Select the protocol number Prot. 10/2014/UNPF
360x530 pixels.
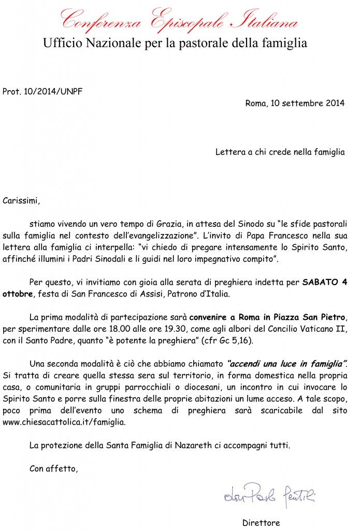(x=42, y=92)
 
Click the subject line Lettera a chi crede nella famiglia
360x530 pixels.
(x=280, y=152)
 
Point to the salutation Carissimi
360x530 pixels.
(x=21, y=199)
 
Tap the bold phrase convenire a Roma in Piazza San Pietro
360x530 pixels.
(x=268, y=317)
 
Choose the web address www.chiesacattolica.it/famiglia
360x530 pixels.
(x=64, y=422)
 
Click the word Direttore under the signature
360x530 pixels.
(x=261, y=522)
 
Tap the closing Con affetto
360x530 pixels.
(x=53, y=469)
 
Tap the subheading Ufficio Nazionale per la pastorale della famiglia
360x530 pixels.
(x=175, y=43)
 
